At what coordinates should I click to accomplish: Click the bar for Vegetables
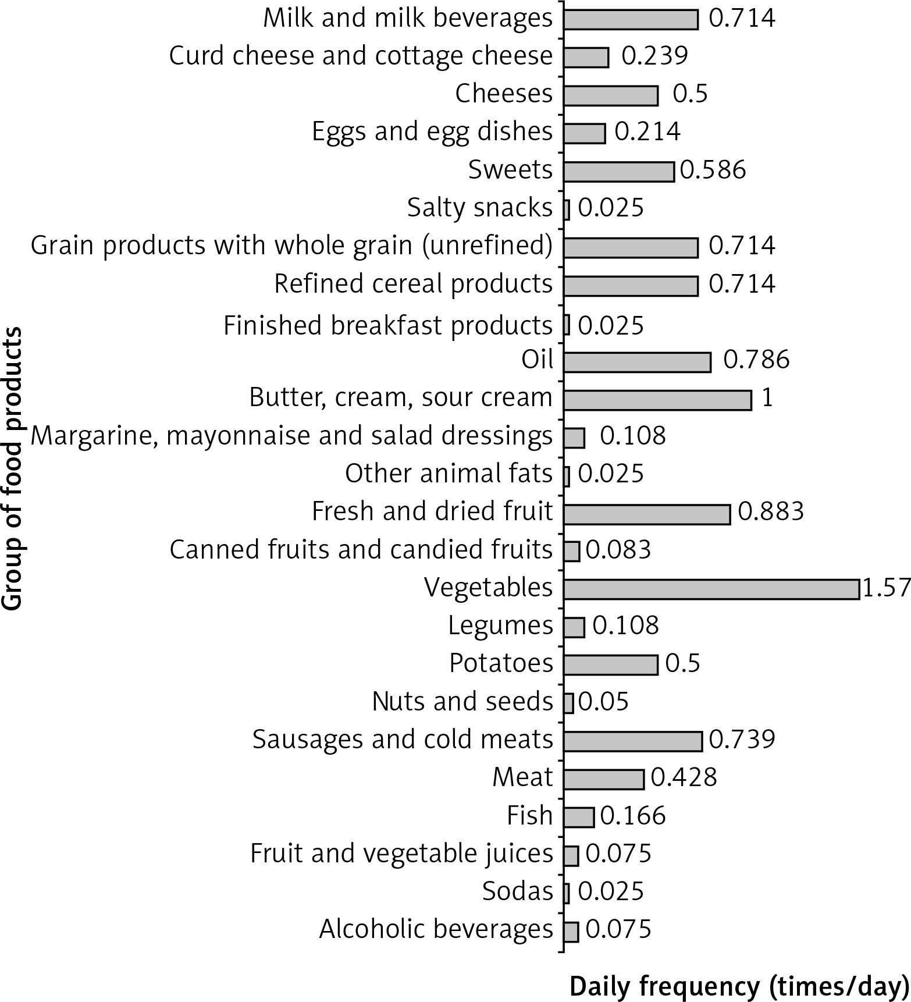pos(711,589)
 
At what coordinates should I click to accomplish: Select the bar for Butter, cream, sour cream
pos(657,400)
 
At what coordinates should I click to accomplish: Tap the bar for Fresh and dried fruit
pos(646,514)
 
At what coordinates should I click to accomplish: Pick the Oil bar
pos(637,362)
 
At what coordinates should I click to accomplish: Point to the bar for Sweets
pos(618,172)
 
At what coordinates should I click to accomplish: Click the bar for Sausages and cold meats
pos(632,741)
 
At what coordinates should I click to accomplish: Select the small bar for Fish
pos(579,818)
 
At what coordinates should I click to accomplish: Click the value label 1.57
pos(887,588)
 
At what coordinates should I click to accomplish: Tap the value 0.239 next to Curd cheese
pos(654,56)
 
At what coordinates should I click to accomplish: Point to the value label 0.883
pos(771,511)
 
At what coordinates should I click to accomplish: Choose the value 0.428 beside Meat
pos(684,777)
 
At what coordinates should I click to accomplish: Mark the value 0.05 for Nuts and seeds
pos(604,702)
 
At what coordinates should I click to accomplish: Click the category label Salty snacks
pos(479,208)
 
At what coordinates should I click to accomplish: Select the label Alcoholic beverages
pos(436,929)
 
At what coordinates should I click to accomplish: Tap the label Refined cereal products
pos(413,284)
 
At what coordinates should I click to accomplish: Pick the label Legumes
pos(500,626)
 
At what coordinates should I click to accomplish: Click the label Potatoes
pos(501,663)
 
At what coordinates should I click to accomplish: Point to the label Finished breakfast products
pos(387,325)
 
